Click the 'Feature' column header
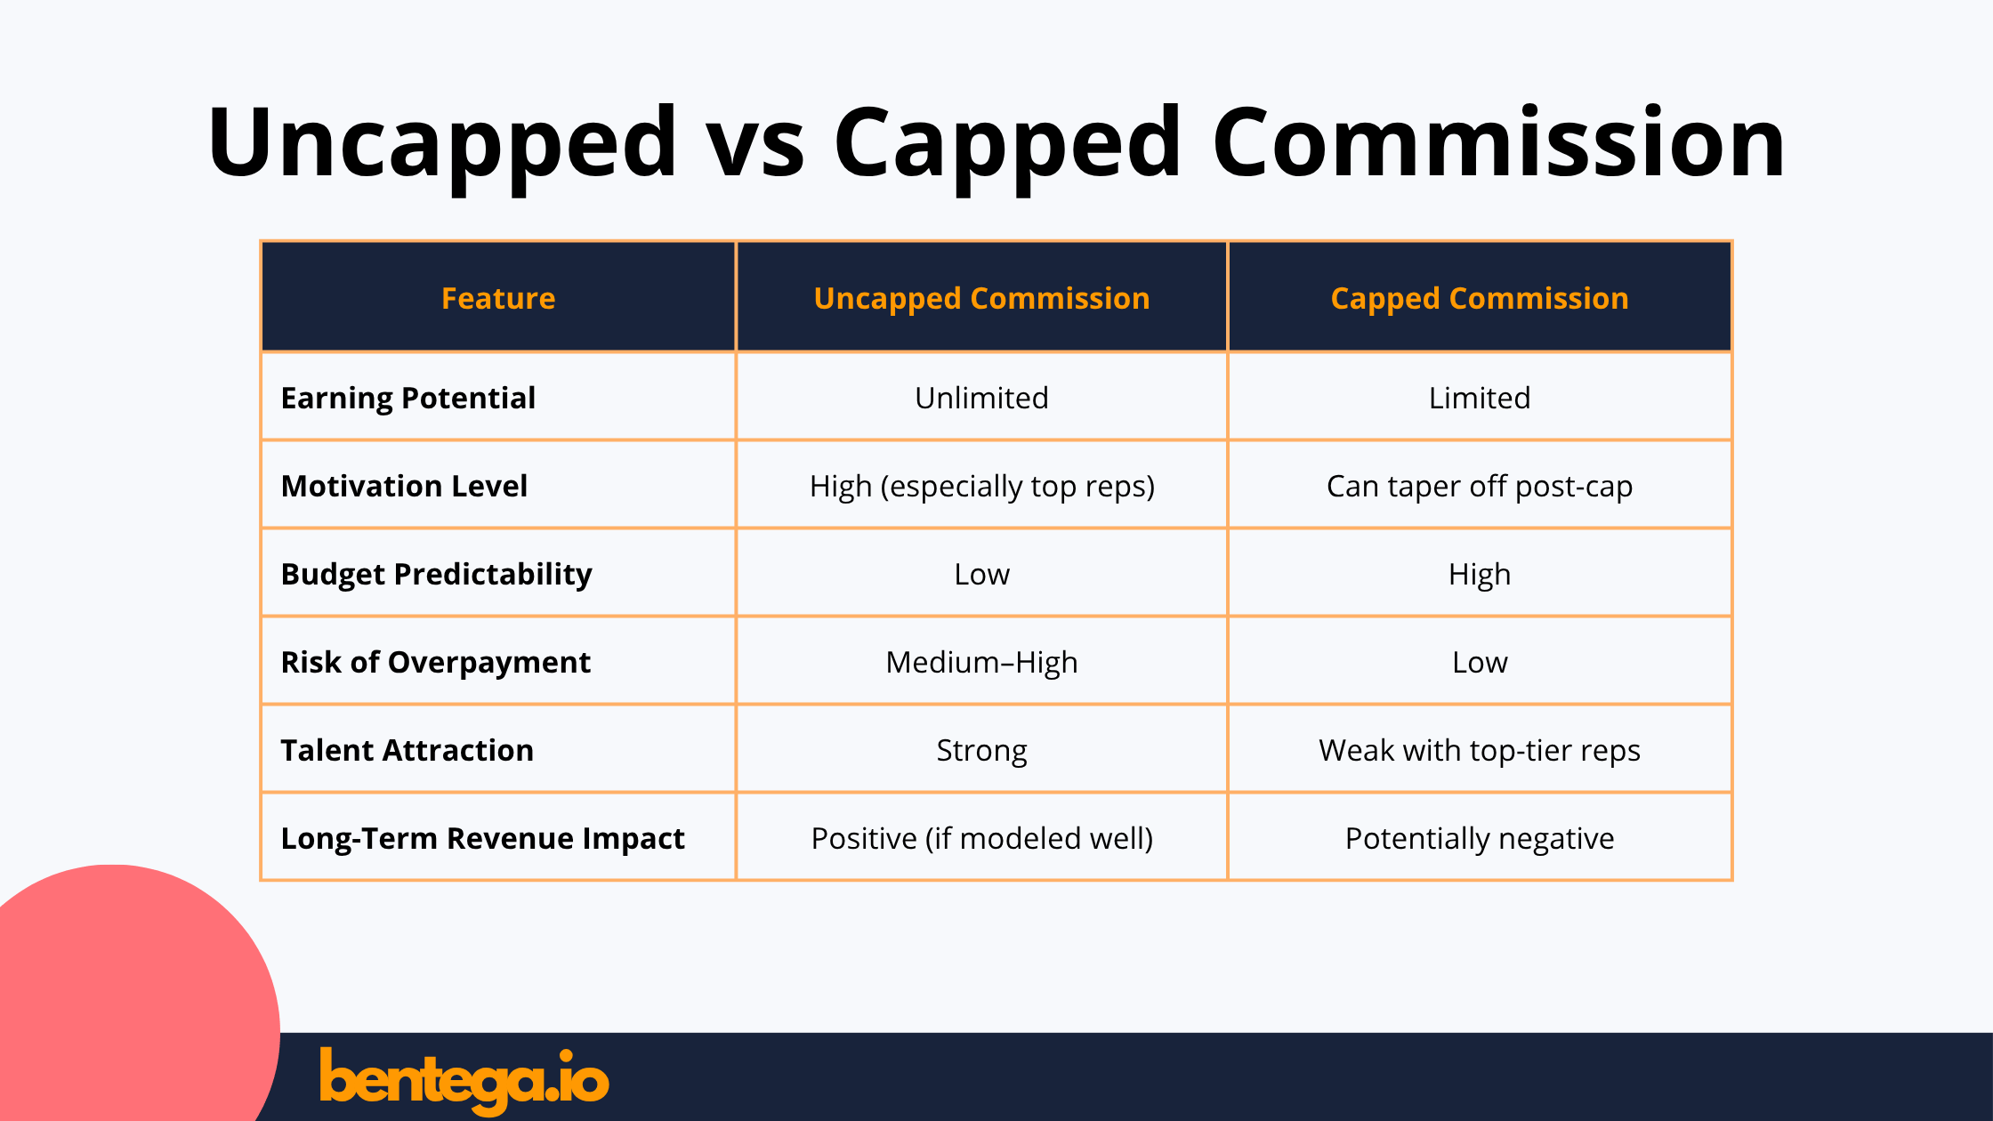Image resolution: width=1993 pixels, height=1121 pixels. coord(498,298)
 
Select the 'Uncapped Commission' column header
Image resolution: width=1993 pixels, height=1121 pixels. coord(981,298)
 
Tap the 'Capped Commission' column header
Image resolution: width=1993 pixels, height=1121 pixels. coord(1479,298)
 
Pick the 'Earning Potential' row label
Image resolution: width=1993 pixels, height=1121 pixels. coord(408,398)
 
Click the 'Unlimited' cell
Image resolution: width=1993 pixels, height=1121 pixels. coord(981,398)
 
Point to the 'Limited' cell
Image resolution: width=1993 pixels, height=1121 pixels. coord(1479,398)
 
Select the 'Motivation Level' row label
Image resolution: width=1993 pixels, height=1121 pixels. coord(404,486)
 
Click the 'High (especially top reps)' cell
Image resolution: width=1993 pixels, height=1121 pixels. coord(981,486)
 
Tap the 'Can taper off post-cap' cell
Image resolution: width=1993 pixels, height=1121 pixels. coord(1479,486)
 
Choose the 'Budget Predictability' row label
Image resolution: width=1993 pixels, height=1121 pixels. coord(436,574)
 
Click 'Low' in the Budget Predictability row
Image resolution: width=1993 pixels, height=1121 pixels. coord(981,574)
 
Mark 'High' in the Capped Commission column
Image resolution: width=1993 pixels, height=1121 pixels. coord(1479,574)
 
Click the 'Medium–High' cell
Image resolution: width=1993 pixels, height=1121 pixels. coord(981,662)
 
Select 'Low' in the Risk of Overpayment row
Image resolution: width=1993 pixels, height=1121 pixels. coord(1479,662)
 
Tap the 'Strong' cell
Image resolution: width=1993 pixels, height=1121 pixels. coord(981,750)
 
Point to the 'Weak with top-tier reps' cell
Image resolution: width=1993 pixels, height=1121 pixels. coord(1479,750)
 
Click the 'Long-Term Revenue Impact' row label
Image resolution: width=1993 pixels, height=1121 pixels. coord(482,838)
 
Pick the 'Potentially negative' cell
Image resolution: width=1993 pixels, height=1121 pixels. coord(1479,838)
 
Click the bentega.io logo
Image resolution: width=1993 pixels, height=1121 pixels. coord(464,1079)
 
